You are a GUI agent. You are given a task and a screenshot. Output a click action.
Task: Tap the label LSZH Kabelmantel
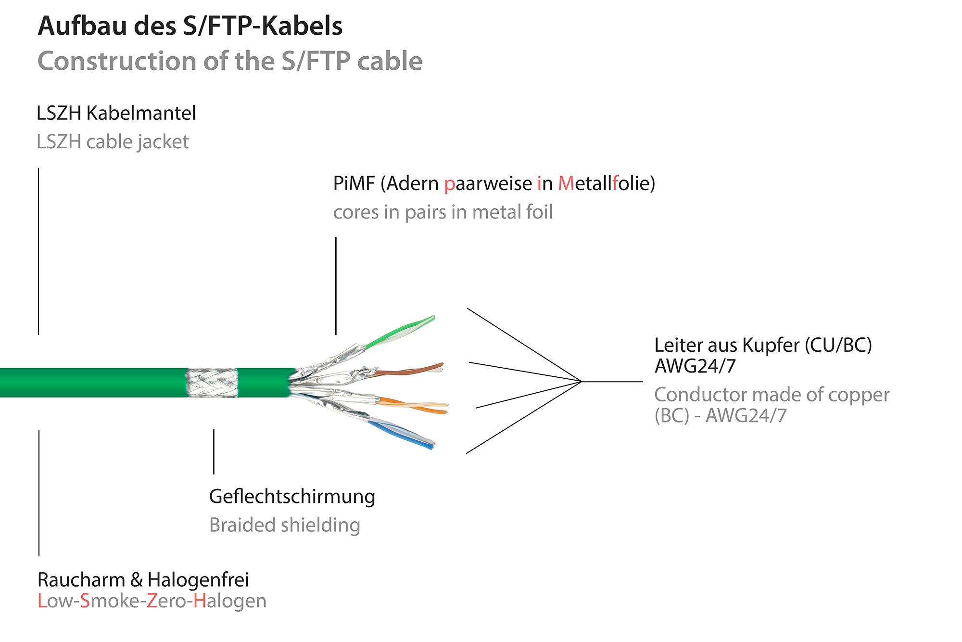pyautogui.click(x=116, y=114)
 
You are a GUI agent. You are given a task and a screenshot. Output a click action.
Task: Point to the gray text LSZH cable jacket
pyautogui.click(x=113, y=142)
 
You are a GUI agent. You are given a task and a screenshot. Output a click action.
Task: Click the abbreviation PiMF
pyautogui.click(x=354, y=184)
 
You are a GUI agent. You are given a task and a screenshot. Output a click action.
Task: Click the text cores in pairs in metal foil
pyautogui.click(x=443, y=212)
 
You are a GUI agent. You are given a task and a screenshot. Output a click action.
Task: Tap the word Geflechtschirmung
pyautogui.click(x=292, y=497)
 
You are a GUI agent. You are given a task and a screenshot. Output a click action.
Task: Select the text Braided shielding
pyautogui.click(x=284, y=525)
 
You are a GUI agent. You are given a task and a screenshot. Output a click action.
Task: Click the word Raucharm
pyautogui.click(x=81, y=580)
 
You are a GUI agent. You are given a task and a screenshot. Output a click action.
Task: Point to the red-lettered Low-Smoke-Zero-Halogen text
pyautogui.click(x=152, y=601)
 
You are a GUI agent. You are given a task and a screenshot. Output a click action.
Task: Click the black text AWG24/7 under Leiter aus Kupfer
pyautogui.click(x=695, y=367)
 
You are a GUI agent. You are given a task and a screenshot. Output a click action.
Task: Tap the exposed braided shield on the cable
pyautogui.click(x=212, y=383)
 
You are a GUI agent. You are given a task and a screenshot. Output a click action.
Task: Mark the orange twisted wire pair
pyautogui.click(x=414, y=405)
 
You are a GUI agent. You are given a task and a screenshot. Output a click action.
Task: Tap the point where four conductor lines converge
pyautogui.click(x=582, y=382)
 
